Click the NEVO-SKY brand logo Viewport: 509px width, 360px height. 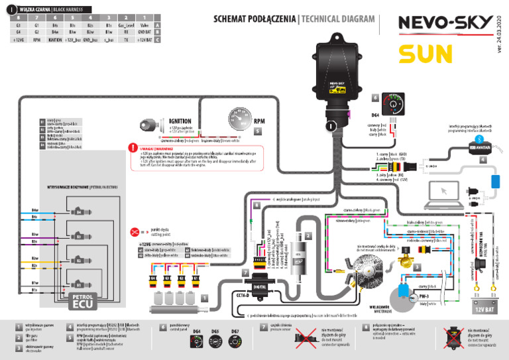point(445,23)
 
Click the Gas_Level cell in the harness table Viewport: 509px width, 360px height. point(126,23)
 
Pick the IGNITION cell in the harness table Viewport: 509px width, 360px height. point(56,40)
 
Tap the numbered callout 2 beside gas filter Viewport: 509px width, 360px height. point(306,235)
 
